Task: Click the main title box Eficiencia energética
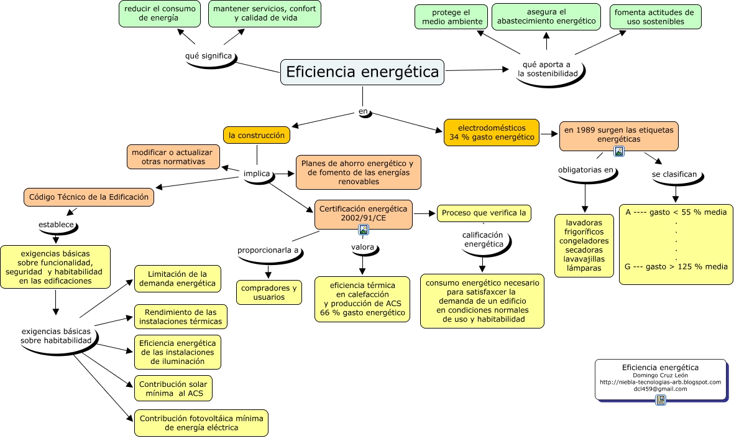[x=362, y=72]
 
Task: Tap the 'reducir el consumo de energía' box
[x=159, y=13]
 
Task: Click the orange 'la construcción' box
[x=257, y=135]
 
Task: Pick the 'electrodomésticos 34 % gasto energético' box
[x=492, y=133]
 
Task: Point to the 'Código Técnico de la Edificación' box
[x=89, y=197]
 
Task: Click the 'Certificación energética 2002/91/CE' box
[x=364, y=213]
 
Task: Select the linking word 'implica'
[x=257, y=174]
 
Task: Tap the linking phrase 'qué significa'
[x=208, y=56]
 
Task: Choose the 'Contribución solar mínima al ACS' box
[x=173, y=389]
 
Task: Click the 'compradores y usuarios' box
[x=269, y=292]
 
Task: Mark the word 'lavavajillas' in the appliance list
[x=584, y=259]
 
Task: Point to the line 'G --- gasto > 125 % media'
[x=676, y=266]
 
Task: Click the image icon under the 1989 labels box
[x=619, y=151]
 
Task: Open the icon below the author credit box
[x=661, y=400]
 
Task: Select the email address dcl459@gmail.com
[x=660, y=389]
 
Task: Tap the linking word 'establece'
[x=57, y=224]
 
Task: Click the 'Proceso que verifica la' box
[x=484, y=213]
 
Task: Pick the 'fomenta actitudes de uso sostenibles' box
[x=655, y=17]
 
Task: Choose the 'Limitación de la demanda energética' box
[x=177, y=279]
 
